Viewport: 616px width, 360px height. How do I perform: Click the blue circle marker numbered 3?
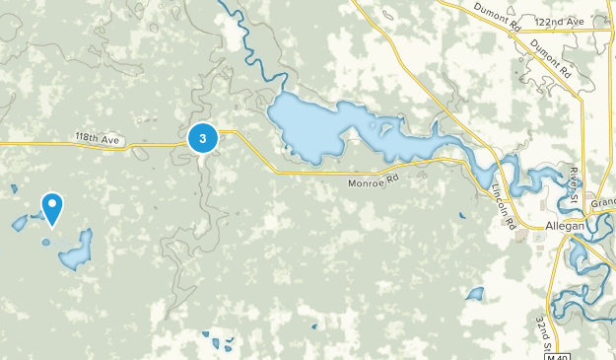203,139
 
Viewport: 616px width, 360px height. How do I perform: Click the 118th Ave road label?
97,138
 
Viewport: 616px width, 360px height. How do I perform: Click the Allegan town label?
565,226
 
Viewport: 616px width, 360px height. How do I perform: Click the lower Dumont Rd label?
550,58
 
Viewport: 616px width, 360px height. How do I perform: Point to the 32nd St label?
542,333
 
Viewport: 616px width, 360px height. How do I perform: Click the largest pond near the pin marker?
76,252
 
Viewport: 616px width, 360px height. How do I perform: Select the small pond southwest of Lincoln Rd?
476,294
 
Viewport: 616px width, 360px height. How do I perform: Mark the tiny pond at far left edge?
14,188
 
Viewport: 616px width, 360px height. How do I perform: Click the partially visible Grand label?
603,202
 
